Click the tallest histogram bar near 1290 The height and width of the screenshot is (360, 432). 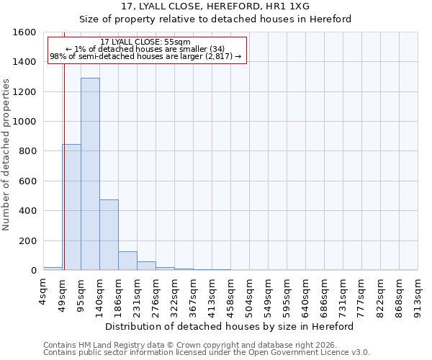pos(90,174)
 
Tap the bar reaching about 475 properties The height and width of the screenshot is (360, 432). pos(109,235)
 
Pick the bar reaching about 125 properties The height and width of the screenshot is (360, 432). pos(127,261)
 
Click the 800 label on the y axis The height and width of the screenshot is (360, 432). pos(27,151)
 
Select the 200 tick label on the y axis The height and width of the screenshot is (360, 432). pos(27,240)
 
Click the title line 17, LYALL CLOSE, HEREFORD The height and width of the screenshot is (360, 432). pos(215,6)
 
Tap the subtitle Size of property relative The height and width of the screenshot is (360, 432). pos(215,19)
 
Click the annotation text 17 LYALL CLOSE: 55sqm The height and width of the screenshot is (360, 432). pos(145,42)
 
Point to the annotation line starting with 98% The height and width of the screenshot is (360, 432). pos(145,56)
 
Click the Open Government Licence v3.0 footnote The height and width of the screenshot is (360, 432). pos(207,353)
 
